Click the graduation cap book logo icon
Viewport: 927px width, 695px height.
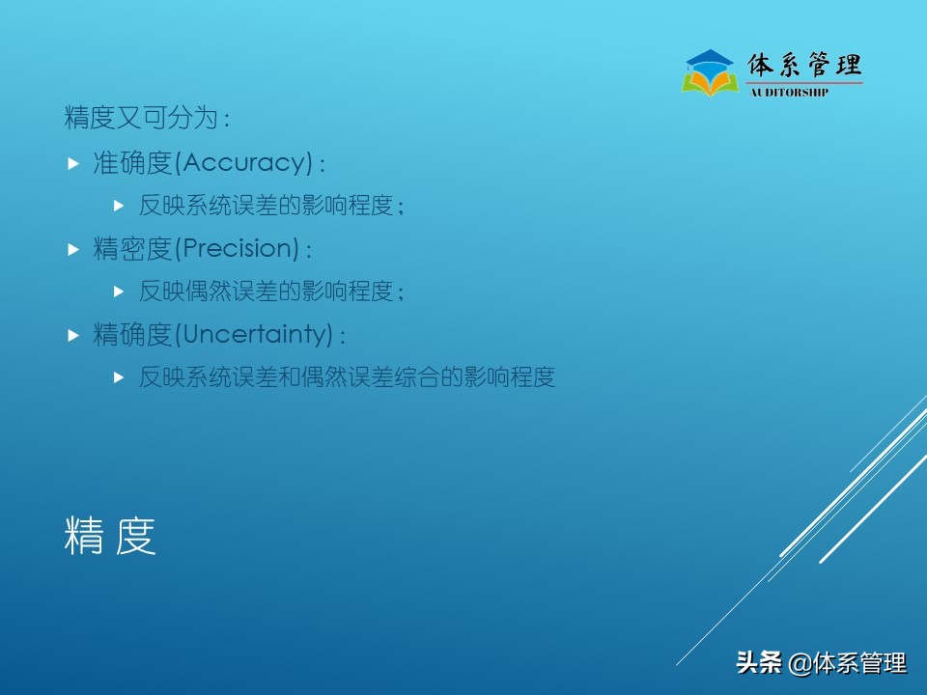pos(710,72)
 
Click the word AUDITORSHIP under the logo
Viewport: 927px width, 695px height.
pos(789,93)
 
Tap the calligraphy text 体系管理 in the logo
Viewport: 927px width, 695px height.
pos(803,65)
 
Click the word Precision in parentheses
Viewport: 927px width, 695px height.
pos(239,249)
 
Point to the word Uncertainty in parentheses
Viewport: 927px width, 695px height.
pos(256,335)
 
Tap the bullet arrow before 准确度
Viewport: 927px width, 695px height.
pos(73,164)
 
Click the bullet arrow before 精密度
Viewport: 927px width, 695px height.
pos(73,250)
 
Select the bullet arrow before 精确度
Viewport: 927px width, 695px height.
pos(73,336)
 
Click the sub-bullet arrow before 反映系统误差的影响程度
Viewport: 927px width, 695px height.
pos(119,206)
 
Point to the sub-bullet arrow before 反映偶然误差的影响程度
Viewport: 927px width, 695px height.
pos(119,291)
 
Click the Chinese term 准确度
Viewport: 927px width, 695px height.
pos(131,163)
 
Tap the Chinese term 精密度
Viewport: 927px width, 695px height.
pos(131,249)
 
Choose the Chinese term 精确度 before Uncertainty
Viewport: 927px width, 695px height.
pos(131,335)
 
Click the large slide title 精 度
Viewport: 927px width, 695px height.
pos(110,537)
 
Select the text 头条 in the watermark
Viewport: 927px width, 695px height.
pos(758,663)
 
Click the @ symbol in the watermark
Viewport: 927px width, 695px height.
pos(801,664)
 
